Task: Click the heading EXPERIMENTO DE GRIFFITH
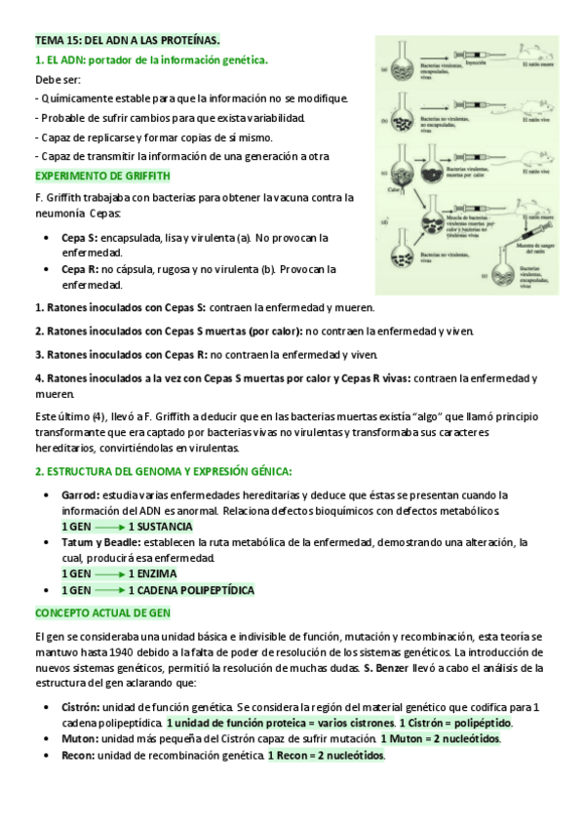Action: pos(102,176)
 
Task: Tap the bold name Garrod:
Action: pos(81,494)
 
